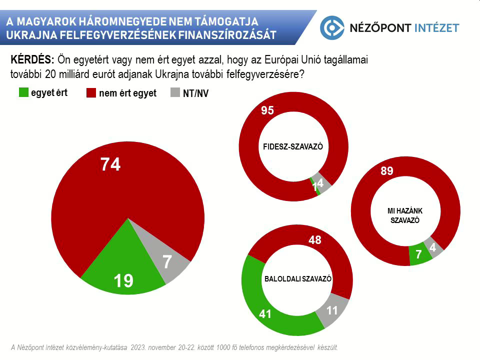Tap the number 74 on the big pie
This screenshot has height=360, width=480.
coord(110,164)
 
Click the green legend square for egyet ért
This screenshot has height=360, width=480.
coord(23,92)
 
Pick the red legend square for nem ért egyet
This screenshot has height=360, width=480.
coord(91,93)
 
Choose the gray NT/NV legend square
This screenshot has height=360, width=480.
coord(175,93)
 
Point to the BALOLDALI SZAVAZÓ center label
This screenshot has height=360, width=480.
coord(297,279)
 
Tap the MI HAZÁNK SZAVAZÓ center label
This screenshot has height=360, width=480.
coord(405,215)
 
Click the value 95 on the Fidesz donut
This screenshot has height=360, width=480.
coord(267,111)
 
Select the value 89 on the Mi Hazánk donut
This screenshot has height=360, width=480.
coord(386,171)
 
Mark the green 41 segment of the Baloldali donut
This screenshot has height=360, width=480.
coord(265,314)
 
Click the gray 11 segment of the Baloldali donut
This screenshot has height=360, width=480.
coord(332,311)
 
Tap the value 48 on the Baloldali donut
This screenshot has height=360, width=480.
coord(315,240)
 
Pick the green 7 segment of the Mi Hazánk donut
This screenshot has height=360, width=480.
coord(419,255)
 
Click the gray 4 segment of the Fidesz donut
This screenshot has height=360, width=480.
coord(322,184)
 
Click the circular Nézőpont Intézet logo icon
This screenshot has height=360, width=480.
coord(332,27)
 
